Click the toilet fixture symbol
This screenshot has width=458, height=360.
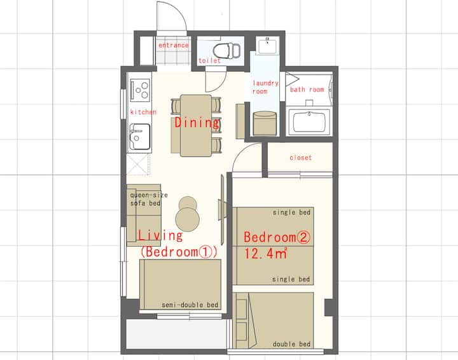(227, 50)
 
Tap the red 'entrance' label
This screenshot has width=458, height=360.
(174, 45)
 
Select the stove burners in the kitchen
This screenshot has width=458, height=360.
(140, 90)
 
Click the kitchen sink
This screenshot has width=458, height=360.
(140, 136)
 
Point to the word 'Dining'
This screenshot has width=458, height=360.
(197, 123)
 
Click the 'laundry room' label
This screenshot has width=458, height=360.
(265, 87)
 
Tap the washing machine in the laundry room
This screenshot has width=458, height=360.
(265, 123)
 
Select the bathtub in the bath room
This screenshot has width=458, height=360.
(309, 121)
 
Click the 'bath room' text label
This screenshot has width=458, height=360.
(307, 89)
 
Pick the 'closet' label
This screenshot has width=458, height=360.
(300, 158)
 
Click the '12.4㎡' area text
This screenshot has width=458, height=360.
(265, 253)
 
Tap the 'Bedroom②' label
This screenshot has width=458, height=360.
(277, 237)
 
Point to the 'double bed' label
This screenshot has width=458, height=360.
(291, 344)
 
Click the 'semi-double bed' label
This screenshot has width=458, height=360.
(190, 305)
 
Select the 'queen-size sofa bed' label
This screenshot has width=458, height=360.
(149, 199)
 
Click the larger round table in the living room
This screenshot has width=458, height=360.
(188, 219)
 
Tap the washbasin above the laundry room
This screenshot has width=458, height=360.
(267, 46)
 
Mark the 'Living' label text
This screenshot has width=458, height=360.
(160, 235)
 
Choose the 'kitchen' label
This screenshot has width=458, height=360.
(143, 112)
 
